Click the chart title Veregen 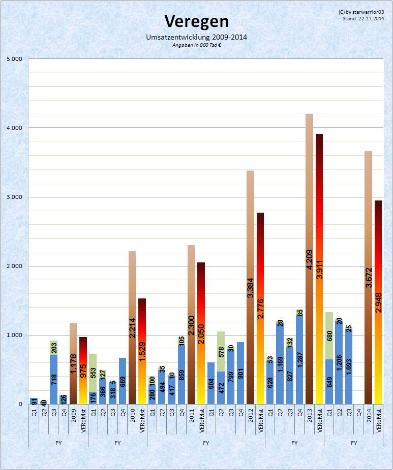pos(196,21)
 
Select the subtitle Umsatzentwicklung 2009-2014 pos(196,37)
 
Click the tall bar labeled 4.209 pos(309,259)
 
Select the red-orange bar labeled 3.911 pos(319,269)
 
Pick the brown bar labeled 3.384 pos(250,287)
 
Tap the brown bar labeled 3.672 pos(368,277)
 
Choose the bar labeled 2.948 pos(378,303)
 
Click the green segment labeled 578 pos(221,351)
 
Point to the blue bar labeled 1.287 pos(299,360)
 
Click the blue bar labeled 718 pos(53,379)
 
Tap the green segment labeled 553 pos(93,373)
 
